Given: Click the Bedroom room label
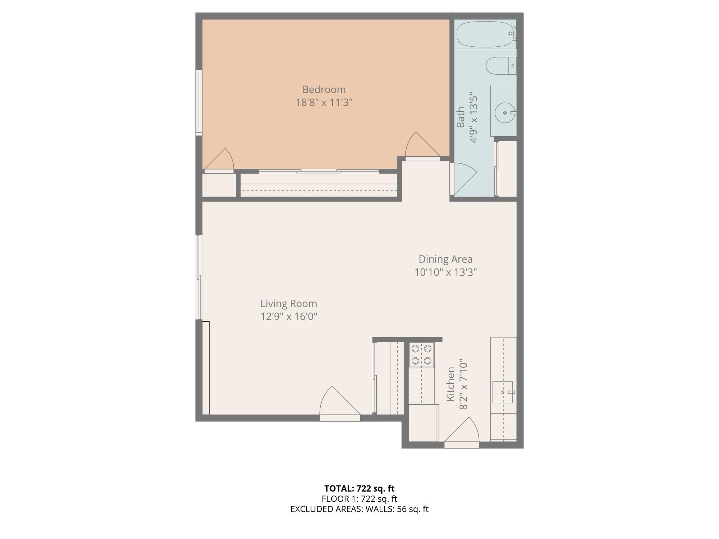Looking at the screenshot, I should click(324, 89).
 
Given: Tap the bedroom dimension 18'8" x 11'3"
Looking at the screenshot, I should click(324, 103).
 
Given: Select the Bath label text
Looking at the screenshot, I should click(461, 117).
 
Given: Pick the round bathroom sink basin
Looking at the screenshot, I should click(505, 112).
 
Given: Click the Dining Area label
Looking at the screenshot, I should click(445, 259).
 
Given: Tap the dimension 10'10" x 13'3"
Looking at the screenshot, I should click(445, 272).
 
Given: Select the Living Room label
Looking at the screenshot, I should click(289, 304).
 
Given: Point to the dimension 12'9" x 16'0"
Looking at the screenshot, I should click(289, 317).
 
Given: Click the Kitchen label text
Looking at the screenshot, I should click(450, 384).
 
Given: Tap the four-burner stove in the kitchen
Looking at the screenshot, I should click(421, 354).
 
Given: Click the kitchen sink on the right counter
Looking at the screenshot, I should click(503, 392).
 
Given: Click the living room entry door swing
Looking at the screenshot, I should click(338, 402).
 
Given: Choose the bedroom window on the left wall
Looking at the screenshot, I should click(199, 103).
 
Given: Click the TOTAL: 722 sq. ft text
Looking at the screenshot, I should click(359, 489).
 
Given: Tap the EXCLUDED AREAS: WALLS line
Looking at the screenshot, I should click(359, 509).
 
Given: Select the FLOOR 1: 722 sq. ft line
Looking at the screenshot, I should click(359, 499).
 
